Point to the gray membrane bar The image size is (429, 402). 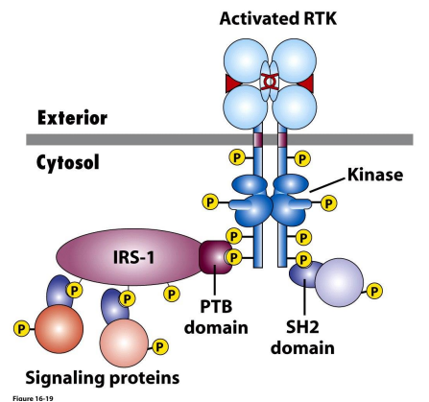[115, 139]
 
